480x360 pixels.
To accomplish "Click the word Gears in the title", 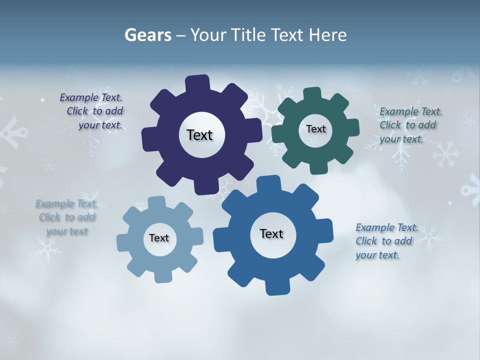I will point(148,35).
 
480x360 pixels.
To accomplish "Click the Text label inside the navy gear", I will point(199,135).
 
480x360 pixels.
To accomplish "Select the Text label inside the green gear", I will point(315,129).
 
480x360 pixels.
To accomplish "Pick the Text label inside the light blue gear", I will point(159,238).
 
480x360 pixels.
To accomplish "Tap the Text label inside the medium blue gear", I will point(271,233).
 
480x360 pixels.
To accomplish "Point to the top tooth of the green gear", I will point(312,95).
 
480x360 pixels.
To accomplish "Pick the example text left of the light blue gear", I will point(66,217).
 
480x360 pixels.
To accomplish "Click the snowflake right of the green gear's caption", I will point(446,154).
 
